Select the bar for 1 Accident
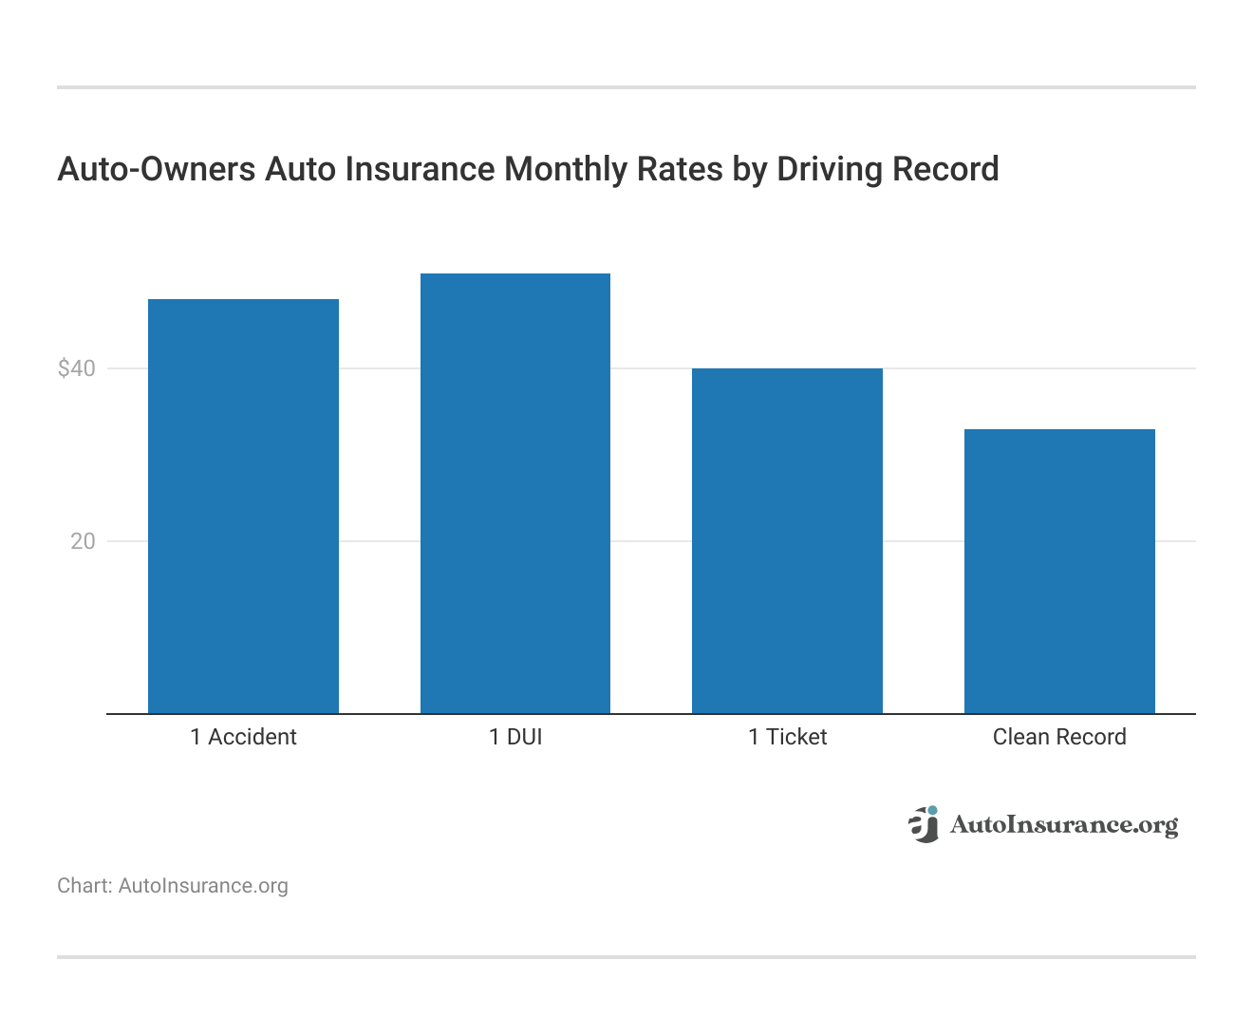(x=243, y=506)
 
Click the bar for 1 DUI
(x=515, y=493)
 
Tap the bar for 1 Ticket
(x=787, y=540)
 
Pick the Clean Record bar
(x=1059, y=571)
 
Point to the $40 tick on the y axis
(x=77, y=368)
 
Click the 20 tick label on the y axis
(x=83, y=541)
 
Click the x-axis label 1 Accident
(x=243, y=737)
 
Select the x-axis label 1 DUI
(x=515, y=737)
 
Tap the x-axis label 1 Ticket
(x=787, y=737)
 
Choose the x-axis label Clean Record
(x=1059, y=737)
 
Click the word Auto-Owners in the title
(x=157, y=169)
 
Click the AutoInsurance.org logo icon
(x=923, y=824)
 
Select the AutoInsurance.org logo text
(x=1064, y=825)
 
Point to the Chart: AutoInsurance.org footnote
(x=173, y=886)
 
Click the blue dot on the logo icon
(x=932, y=810)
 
